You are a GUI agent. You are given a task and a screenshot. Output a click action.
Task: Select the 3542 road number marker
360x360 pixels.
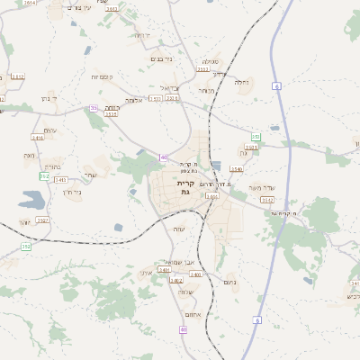(267, 200)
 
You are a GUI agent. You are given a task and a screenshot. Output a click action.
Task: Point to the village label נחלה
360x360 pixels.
(242, 83)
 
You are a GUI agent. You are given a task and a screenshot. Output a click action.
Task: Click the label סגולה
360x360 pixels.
(211, 61)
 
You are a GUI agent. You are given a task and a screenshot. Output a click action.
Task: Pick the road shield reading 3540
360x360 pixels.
(237, 169)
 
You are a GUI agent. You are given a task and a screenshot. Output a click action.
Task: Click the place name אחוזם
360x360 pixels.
(189, 314)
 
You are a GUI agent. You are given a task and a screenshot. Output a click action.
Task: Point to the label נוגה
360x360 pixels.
(28, 155)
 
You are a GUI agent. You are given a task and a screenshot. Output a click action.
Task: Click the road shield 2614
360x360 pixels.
(30, 4)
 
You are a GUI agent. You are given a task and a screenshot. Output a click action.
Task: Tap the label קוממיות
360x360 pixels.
(100, 77)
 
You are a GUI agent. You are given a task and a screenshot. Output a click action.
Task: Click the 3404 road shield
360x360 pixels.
(211, 195)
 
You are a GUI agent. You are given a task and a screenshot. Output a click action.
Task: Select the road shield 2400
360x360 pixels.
(196, 274)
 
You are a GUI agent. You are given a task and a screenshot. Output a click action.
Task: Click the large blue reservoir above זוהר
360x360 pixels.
(31, 200)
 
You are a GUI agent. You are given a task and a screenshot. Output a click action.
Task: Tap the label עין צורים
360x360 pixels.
(80, 8)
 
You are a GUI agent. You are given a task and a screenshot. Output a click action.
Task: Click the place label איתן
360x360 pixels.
(147, 272)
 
